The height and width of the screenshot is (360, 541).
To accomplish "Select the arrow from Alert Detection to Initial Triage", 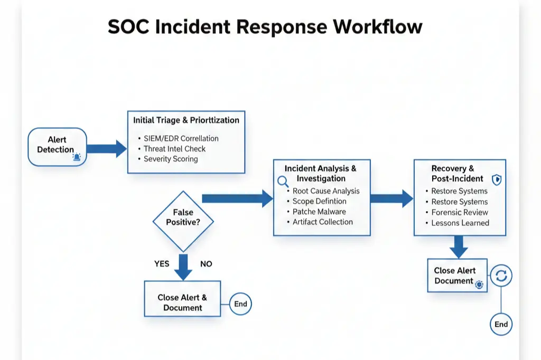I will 106,149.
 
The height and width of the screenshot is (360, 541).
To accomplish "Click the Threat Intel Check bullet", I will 174,149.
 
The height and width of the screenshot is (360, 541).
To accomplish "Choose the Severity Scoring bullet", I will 171,159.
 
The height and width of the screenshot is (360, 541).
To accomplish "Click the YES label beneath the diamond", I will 162,263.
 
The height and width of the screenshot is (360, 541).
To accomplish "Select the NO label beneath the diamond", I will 206,263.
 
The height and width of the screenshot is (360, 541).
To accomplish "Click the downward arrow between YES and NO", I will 183,267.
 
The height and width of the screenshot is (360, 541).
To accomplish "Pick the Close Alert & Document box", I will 182,302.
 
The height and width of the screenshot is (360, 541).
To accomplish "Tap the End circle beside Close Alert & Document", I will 240,304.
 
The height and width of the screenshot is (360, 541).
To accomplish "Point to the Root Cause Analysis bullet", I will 326,191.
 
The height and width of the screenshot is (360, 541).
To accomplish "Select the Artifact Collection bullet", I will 322,222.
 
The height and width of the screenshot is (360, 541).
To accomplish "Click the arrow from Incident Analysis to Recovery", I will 391,198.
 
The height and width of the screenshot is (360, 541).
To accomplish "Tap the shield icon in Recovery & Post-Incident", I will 497,180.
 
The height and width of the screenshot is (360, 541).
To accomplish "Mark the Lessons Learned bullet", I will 460,223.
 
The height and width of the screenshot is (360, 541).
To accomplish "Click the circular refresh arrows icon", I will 501,276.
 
